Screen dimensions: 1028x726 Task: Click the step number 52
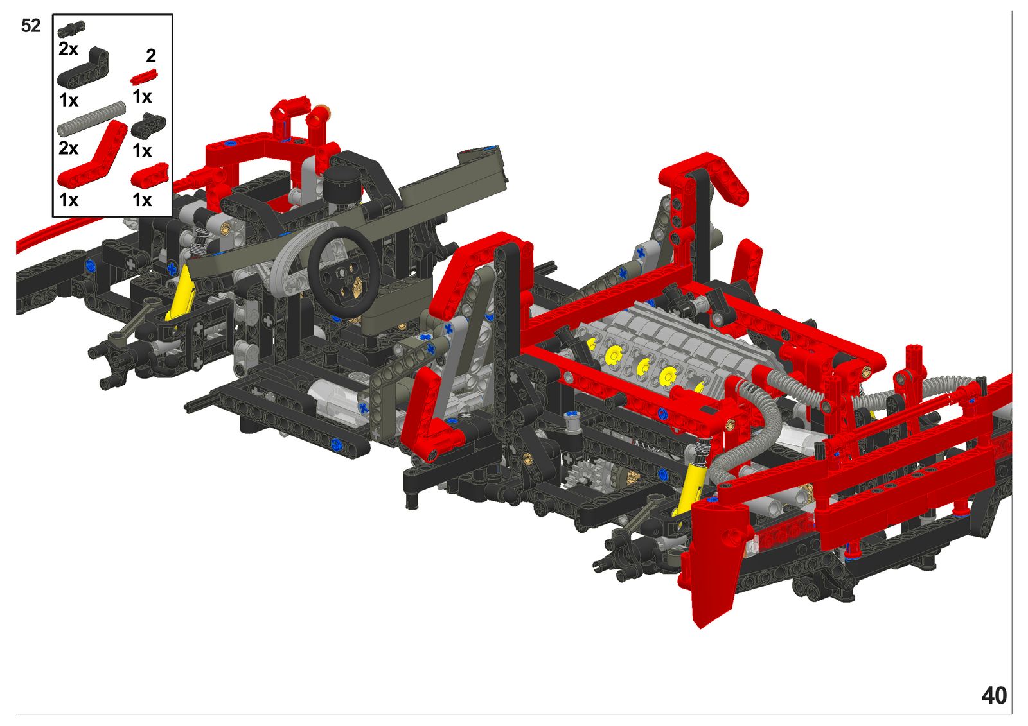[x=31, y=26]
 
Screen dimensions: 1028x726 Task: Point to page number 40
[x=994, y=695]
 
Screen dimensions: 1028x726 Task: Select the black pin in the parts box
[x=71, y=29]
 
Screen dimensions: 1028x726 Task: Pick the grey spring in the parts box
[x=91, y=119]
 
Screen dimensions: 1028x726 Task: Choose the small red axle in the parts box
[x=144, y=76]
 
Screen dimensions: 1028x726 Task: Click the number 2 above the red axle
[x=151, y=56]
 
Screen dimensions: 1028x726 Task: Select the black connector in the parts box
[x=148, y=125]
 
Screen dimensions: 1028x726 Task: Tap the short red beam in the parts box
[x=150, y=175]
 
